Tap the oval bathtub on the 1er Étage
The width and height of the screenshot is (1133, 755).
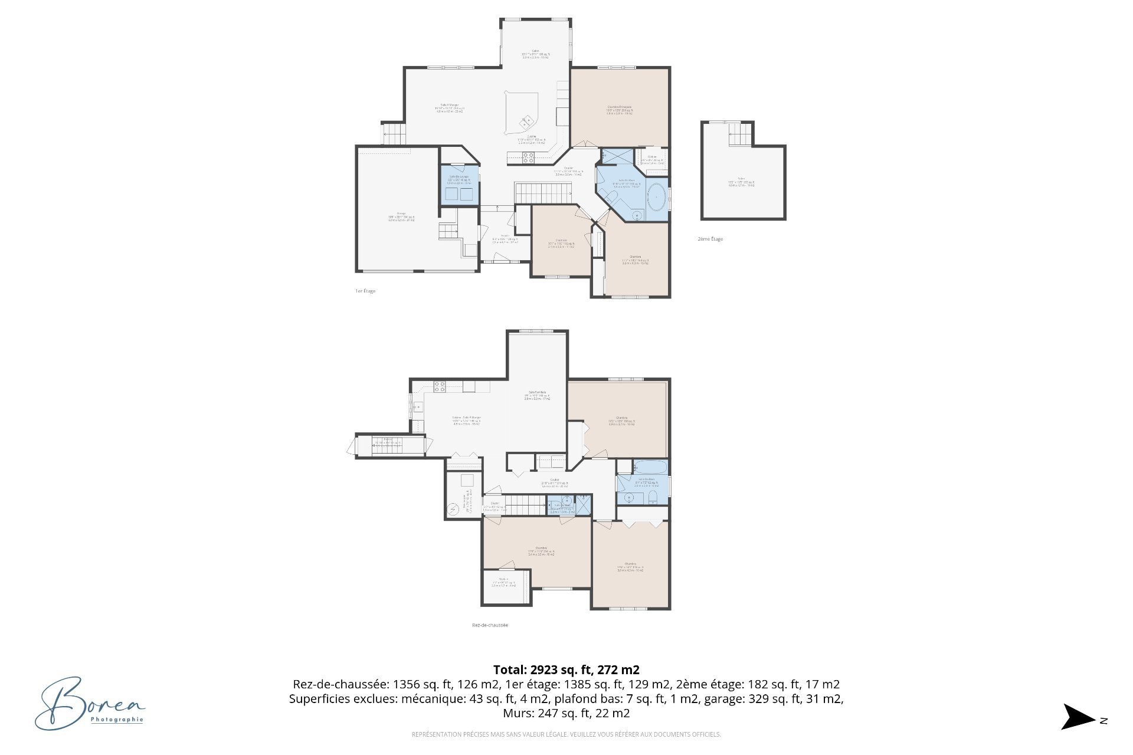657,198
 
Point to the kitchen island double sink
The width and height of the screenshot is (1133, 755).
526,123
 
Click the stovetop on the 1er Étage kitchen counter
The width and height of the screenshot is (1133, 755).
528,157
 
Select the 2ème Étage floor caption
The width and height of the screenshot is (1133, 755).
710,239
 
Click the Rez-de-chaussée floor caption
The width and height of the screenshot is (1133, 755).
490,625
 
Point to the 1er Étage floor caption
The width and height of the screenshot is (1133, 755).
365,291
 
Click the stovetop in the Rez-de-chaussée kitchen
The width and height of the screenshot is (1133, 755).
440,387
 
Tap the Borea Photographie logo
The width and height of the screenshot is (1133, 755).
89,703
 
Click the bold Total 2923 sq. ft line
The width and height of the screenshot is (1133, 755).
566,669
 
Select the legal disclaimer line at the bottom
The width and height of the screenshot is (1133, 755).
566,734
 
